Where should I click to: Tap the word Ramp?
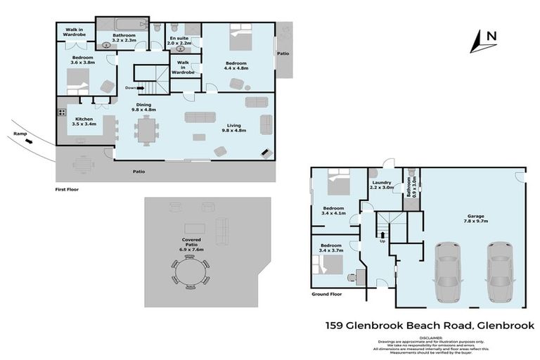click(20, 131)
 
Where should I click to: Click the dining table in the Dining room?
click(147, 129)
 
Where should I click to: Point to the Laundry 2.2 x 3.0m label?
click(383, 186)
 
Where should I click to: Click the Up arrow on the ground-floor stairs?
click(382, 235)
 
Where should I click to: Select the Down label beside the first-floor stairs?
click(130, 88)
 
